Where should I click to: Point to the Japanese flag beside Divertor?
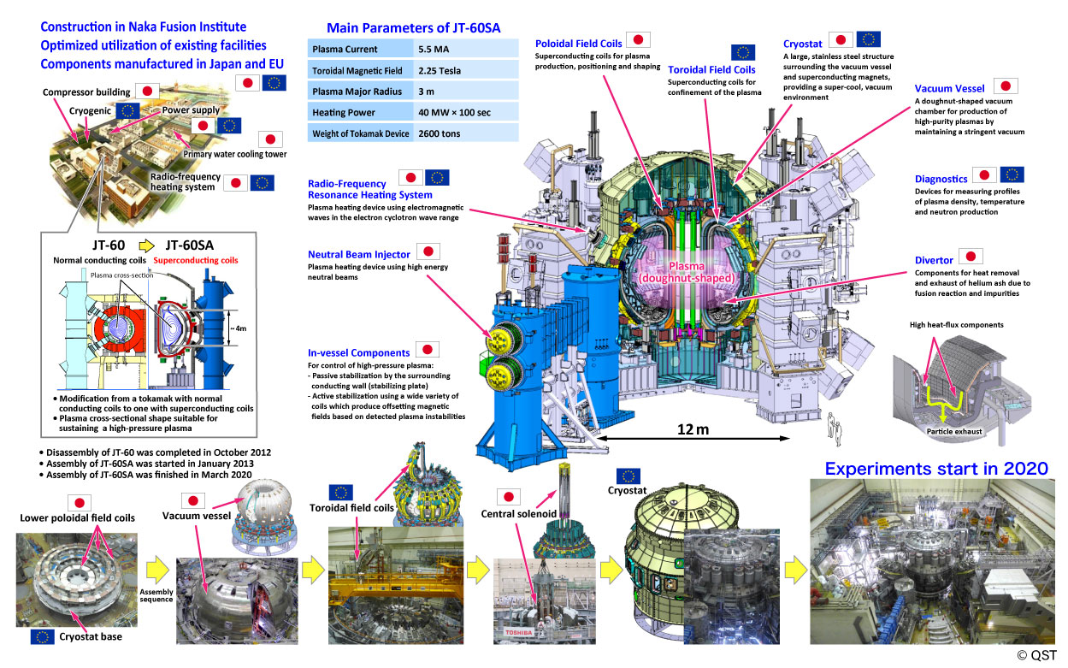970,256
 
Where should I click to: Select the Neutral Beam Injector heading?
360,254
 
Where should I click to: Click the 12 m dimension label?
690,429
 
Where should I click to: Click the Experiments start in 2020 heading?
936,469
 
